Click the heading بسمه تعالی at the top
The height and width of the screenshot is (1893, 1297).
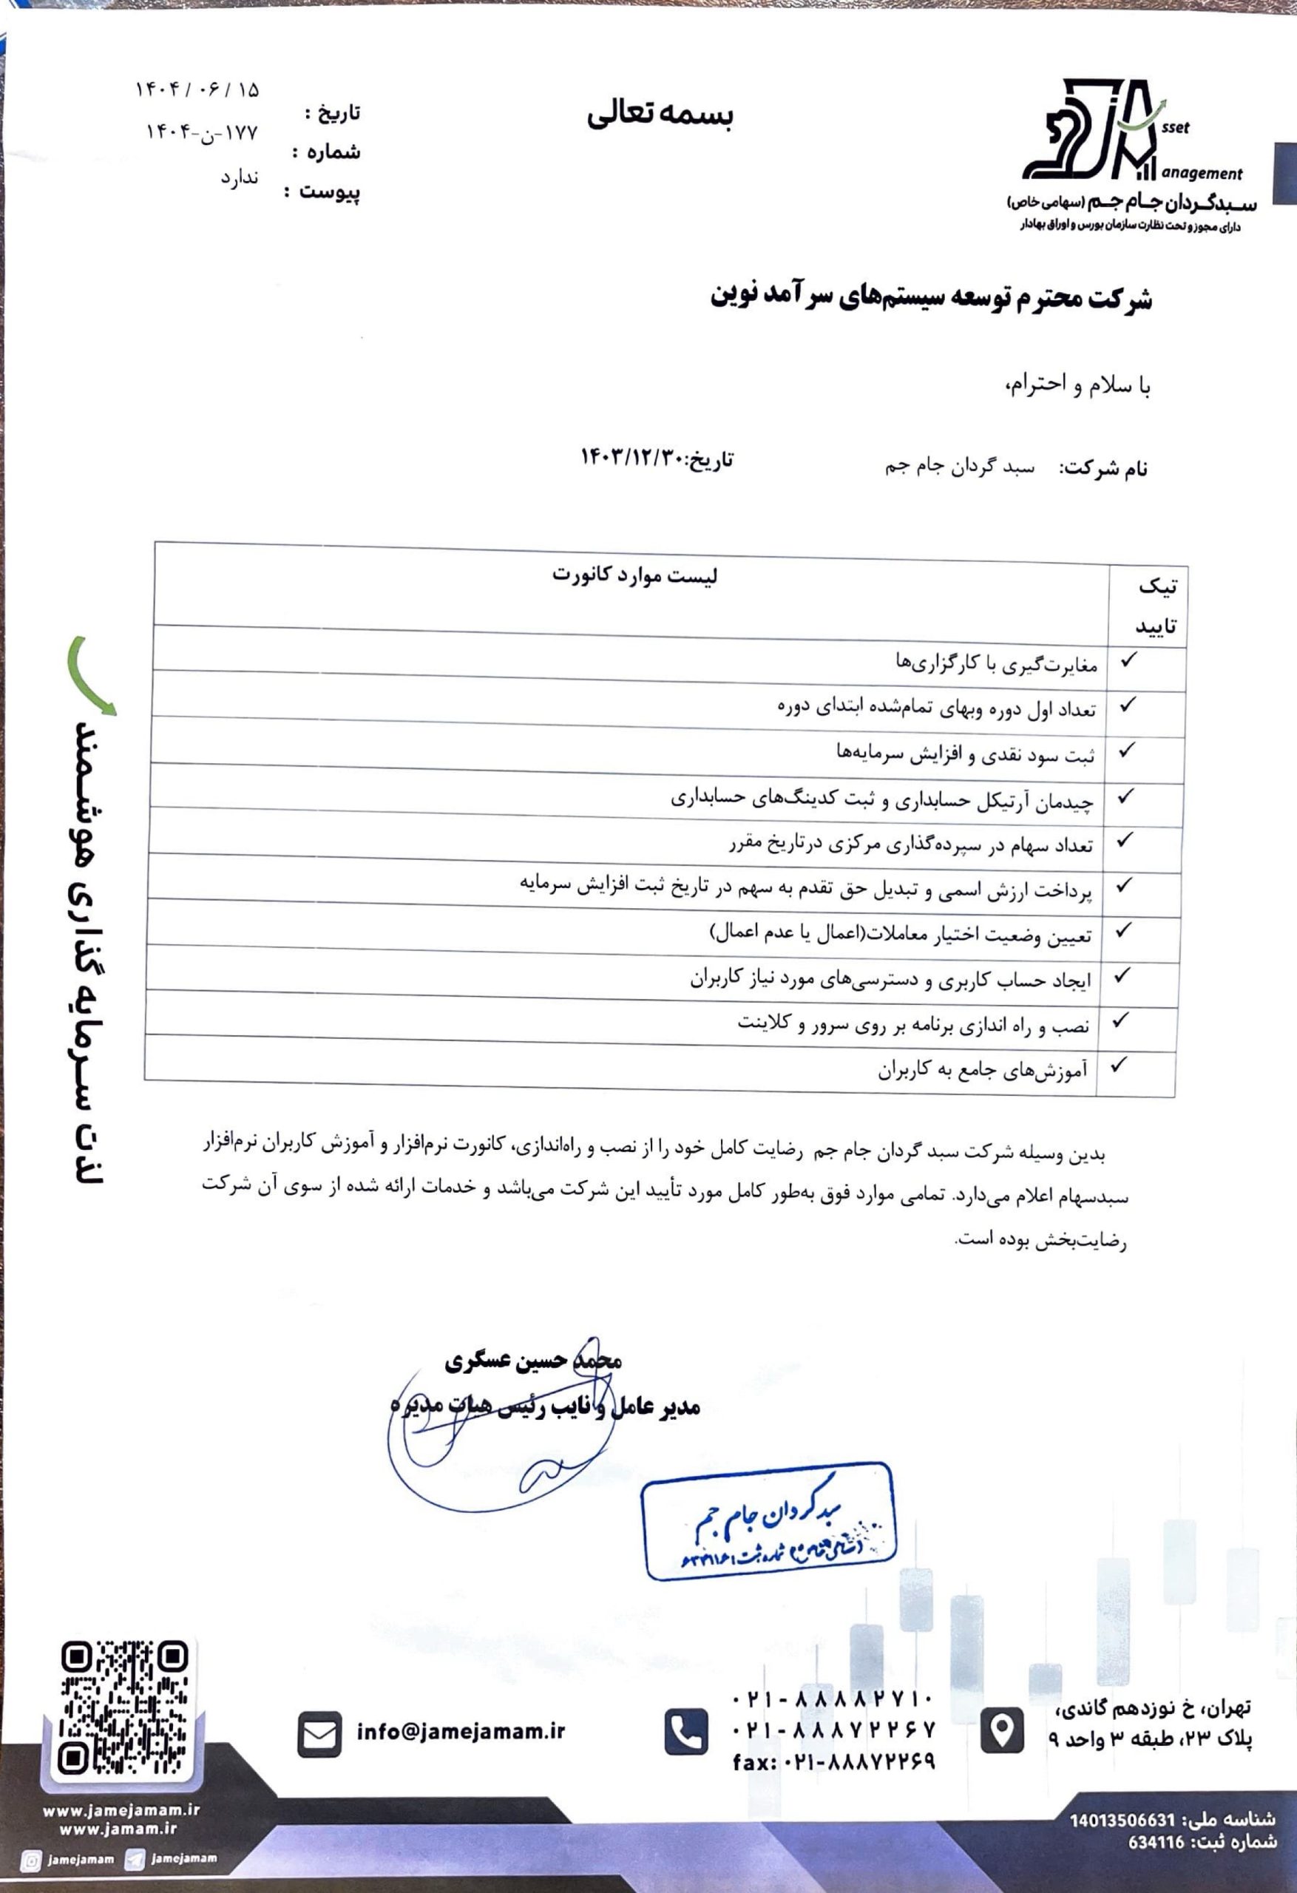pyautogui.click(x=660, y=115)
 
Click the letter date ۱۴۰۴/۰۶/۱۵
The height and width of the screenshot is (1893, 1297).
pyautogui.click(x=197, y=89)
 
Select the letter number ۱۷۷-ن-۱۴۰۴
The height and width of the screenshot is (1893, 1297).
pyautogui.click(x=201, y=132)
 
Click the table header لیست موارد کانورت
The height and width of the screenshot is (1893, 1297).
pyautogui.click(x=634, y=575)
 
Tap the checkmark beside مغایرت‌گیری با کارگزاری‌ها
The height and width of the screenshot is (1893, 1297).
pyautogui.click(x=1128, y=660)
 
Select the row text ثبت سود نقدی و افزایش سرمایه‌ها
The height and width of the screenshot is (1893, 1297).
pyautogui.click(x=966, y=754)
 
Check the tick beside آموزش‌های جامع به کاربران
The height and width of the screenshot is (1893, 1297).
pyautogui.click(x=1119, y=1065)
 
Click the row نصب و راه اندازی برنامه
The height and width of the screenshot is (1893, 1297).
pyautogui.click(x=913, y=1025)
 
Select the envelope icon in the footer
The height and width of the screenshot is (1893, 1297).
pyautogui.click(x=319, y=1733)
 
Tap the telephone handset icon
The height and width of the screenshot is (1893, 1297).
pyautogui.click(x=686, y=1732)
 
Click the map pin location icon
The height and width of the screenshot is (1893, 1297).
pyautogui.click(x=1001, y=1730)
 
